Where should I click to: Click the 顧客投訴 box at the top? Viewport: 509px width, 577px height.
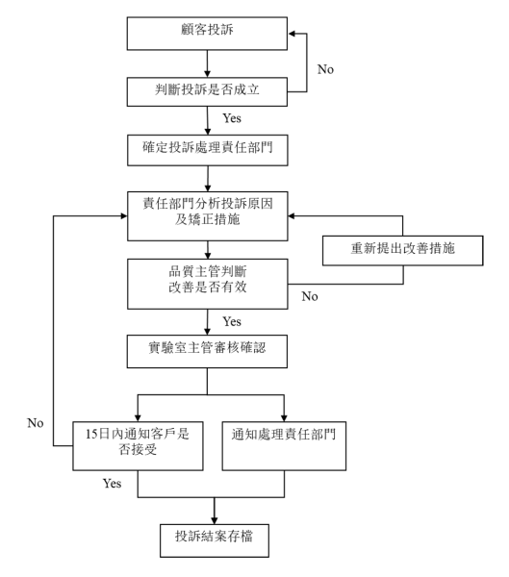point(207,34)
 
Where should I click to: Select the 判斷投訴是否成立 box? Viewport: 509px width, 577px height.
point(207,91)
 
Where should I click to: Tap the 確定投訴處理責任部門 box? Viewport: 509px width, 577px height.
point(208,150)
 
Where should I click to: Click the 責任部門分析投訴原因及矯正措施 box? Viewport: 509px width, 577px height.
point(208,216)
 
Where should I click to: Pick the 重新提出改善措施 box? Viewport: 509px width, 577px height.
point(402,251)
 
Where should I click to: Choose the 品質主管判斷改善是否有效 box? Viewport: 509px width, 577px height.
point(208,284)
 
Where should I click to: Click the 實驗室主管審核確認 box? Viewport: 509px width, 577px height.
point(207,351)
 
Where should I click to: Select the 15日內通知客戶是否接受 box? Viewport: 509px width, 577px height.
point(138,446)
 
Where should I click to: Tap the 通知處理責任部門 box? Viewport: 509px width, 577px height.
point(284,446)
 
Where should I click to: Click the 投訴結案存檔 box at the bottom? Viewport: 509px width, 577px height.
point(215,540)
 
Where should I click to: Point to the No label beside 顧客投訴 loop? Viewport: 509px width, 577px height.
point(325,69)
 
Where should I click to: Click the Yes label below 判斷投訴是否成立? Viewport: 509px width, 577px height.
point(232,118)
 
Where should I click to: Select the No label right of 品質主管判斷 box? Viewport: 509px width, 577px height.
point(310,296)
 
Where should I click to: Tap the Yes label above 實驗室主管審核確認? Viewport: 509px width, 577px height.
point(232,321)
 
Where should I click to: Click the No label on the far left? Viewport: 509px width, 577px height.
point(36,423)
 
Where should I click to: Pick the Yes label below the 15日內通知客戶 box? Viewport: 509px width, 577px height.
point(112,483)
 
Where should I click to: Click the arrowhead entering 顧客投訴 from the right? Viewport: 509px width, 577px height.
point(292,34)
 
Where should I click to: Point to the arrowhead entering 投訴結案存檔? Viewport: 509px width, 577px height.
point(215,520)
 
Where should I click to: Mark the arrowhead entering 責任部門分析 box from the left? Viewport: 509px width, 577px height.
point(124,216)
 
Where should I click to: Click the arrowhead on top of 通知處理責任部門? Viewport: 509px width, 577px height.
point(284,418)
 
